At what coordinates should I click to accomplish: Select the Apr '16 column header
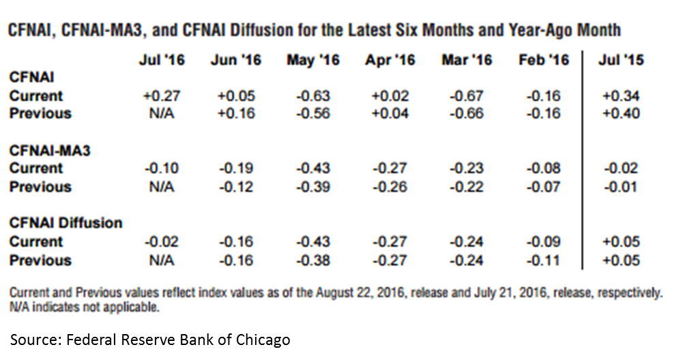390,60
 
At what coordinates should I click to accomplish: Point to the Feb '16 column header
543,60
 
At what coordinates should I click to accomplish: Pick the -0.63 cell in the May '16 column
313,95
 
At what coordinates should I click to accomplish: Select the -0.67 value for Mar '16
467,95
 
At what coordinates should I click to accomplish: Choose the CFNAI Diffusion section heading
65,223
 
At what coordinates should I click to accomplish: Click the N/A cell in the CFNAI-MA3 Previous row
161,187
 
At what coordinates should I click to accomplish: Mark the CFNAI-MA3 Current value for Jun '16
236,168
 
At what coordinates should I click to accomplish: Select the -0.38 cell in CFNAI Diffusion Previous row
313,260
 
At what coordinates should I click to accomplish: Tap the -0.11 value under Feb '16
544,260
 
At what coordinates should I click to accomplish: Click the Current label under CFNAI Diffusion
35,241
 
